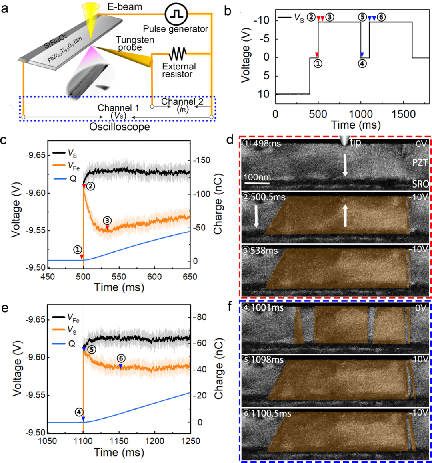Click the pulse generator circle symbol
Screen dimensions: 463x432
tap(176, 14)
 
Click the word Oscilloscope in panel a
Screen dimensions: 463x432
tap(120, 127)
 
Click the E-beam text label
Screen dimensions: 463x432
tap(125, 7)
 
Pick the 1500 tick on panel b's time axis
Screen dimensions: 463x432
tap(404, 114)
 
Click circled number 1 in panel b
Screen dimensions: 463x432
tap(318, 63)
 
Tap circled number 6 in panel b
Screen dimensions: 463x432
tap(381, 18)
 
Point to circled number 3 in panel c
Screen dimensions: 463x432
tap(107, 221)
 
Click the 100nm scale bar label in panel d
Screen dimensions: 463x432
tap(257, 177)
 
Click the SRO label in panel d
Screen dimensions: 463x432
tap(420, 184)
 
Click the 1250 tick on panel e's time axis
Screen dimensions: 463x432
tap(190, 441)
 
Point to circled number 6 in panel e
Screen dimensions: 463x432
tap(121, 359)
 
